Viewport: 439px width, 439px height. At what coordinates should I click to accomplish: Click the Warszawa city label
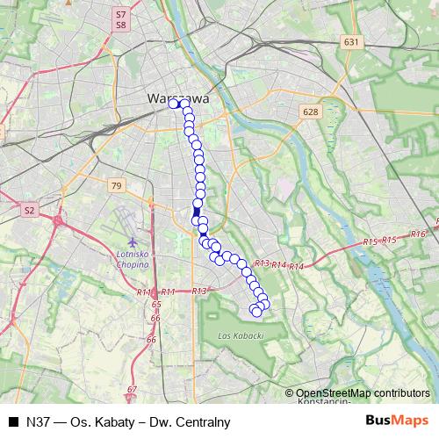tap(178, 98)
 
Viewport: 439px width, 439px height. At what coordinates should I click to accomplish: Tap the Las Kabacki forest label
tap(234, 336)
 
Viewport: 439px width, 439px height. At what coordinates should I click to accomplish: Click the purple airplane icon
tap(132, 241)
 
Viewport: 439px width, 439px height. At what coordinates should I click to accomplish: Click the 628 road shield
tap(309, 112)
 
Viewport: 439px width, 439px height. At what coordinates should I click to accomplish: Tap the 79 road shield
tap(117, 185)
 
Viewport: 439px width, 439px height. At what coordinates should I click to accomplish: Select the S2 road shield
tap(29, 211)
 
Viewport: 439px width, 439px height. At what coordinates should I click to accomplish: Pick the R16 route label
tap(418, 234)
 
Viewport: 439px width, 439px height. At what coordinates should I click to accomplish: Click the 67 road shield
tap(133, 390)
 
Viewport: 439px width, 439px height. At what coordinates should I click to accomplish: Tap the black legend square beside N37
tap(13, 422)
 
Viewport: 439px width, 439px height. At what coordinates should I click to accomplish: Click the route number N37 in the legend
tap(39, 422)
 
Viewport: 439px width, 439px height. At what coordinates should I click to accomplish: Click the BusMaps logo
tap(397, 421)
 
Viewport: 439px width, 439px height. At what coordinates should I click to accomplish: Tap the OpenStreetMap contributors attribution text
tap(363, 393)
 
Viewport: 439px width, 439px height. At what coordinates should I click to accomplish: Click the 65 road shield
tap(156, 305)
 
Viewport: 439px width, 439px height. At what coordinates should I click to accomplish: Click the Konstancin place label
tap(322, 402)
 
